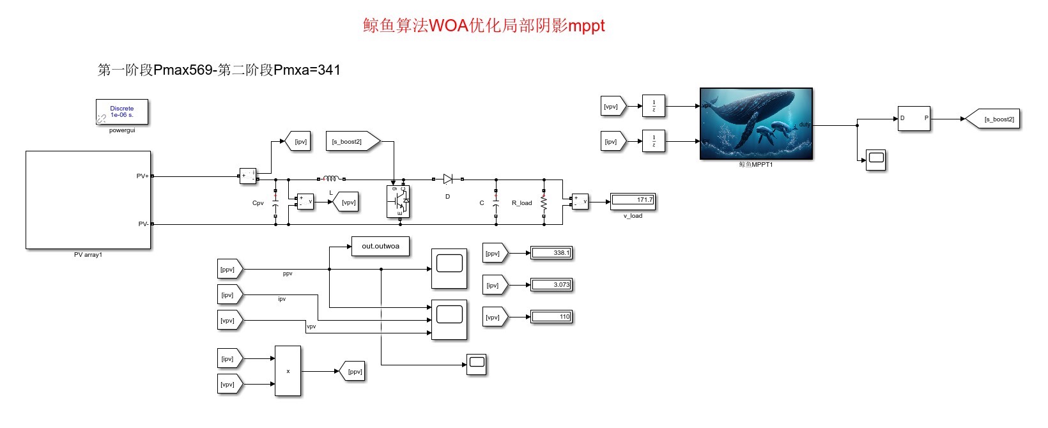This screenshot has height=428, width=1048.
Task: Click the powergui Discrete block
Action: pyautogui.click(x=122, y=112)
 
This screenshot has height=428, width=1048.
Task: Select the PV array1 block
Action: pyautogui.click(x=88, y=200)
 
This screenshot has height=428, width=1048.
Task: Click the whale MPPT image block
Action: pyautogui.click(x=756, y=124)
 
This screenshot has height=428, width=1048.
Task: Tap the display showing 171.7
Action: pyautogui.click(x=633, y=201)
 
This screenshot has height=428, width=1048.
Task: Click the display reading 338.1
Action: pyautogui.click(x=551, y=253)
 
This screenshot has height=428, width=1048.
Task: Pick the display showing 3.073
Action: pyautogui.click(x=551, y=285)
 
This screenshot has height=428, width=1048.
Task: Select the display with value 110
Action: pyautogui.click(x=551, y=317)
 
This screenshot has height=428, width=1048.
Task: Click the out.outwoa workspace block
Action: pyautogui.click(x=380, y=247)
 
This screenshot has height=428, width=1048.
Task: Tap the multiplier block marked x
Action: pyautogui.click(x=288, y=371)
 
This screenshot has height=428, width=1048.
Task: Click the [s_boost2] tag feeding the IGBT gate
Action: pyautogui.click(x=352, y=141)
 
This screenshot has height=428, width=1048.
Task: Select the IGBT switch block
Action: pyautogui.click(x=399, y=202)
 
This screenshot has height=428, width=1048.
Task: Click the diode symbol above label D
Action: pyautogui.click(x=448, y=180)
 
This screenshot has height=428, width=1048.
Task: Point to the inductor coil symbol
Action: pyautogui.click(x=330, y=179)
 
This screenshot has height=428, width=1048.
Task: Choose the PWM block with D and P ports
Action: pyautogui.click(x=914, y=119)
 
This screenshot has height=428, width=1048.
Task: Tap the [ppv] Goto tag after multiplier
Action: pyautogui.click(x=353, y=371)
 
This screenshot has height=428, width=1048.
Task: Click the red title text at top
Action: pyautogui.click(x=484, y=26)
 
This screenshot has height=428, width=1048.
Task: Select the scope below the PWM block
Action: pyautogui.click(x=876, y=159)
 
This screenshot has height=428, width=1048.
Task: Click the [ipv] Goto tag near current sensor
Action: pyautogui.click(x=299, y=141)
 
